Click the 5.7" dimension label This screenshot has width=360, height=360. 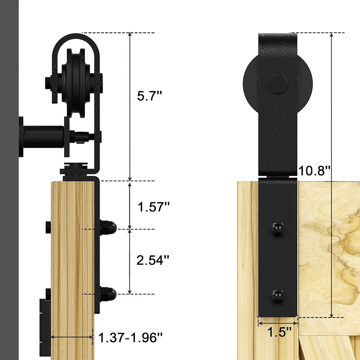pyautogui.click(x=150, y=96)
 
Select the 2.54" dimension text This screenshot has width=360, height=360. pyautogui.click(x=153, y=260)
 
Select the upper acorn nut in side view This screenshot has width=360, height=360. pyautogui.click(x=108, y=227)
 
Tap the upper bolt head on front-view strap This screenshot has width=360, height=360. pyautogui.click(x=278, y=229)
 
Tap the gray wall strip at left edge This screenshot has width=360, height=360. pyautogui.click(x=9, y=180)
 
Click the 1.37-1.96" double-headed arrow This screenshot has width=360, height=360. pyautogui.click(x=72, y=337)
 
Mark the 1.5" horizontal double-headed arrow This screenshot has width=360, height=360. pyautogui.click(x=278, y=323)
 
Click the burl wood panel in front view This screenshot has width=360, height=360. pyautogui.click(x=329, y=252)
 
